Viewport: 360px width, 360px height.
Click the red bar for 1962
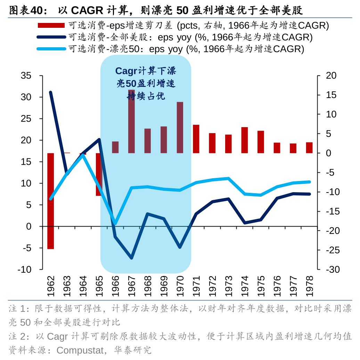click(x=51, y=201)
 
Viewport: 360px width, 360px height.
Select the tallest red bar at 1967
click(x=131, y=121)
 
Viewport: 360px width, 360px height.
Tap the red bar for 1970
click(x=180, y=128)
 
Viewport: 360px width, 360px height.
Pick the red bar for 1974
click(x=244, y=140)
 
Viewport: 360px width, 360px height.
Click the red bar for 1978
click(x=309, y=148)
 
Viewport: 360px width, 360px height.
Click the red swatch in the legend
click(x=51, y=25)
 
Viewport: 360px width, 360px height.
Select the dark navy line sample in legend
click(x=51, y=37)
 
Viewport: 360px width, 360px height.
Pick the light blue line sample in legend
click(x=51, y=49)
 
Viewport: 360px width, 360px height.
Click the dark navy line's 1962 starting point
click(x=51, y=92)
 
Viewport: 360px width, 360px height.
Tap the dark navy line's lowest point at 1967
click(x=131, y=258)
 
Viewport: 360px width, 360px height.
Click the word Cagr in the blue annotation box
click(x=126, y=71)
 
